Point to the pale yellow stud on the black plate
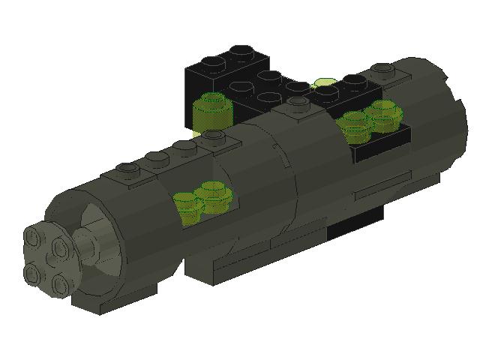[325, 85]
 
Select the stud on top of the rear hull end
[383, 71]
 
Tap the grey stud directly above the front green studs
[215, 136]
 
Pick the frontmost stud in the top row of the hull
[130, 170]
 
